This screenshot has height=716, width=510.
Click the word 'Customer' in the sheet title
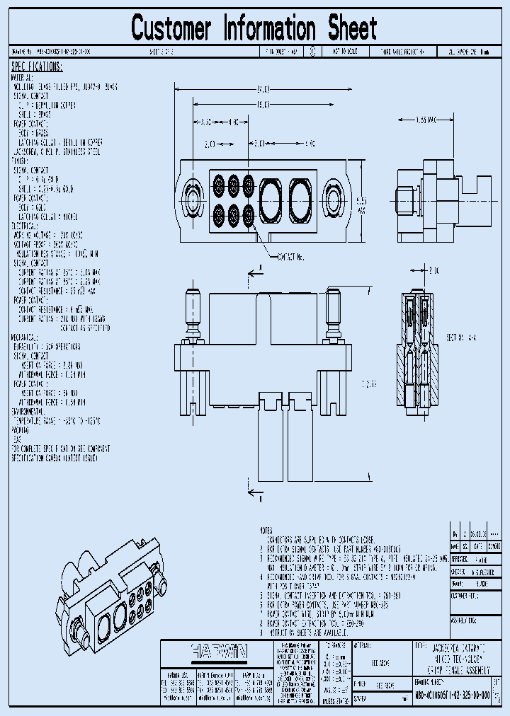click(171, 29)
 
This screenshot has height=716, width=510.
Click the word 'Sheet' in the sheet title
click(352, 29)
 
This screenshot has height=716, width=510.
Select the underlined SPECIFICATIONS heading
click(37, 67)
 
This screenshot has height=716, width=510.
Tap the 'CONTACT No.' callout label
click(290, 258)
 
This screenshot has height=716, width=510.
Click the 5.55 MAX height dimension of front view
click(361, 205)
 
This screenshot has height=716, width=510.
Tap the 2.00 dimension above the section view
click(433, 271)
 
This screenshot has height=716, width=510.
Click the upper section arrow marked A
click(254, 270)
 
